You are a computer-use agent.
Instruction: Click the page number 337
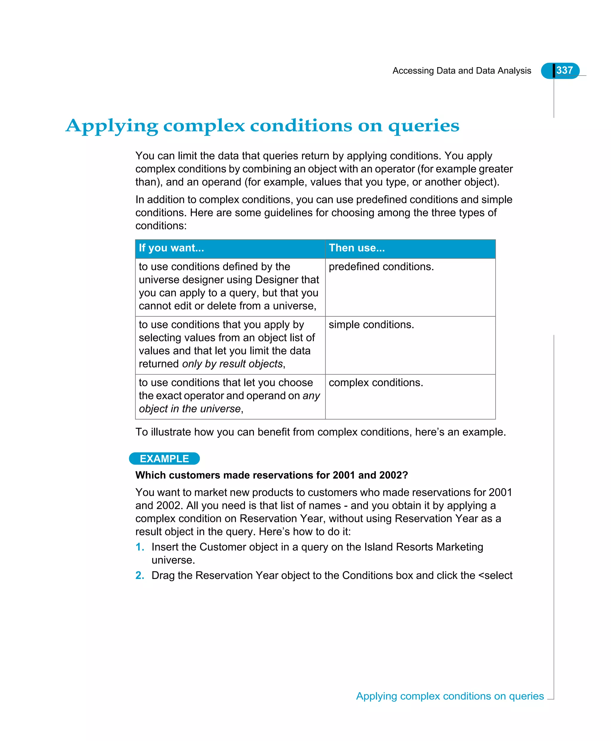tap(564, 70)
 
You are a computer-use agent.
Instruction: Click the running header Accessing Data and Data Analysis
tap(462, 71)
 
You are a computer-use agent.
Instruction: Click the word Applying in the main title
tap(112, 126)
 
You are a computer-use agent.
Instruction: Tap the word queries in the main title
tap(423, 126)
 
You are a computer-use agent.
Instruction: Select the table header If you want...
tap(172, 248)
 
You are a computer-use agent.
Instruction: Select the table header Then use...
tap(357, 248)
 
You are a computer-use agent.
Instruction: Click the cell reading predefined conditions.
tap(381, 267)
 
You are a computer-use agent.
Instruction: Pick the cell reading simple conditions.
tap(371, 324)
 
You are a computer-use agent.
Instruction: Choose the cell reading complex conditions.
tap(376, 382)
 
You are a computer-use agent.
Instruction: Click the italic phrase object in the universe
tap(190, 409)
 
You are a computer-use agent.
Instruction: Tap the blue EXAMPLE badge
tap(164, 459)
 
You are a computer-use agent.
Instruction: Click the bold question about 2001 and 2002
tap(271, 475)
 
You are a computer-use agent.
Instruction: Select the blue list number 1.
tap(139, 547)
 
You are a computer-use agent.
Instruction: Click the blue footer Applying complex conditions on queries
tap(450, 696)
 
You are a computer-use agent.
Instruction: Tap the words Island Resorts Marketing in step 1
tap(423, 547)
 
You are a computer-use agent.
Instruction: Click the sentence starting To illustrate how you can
tap(320, 432)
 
